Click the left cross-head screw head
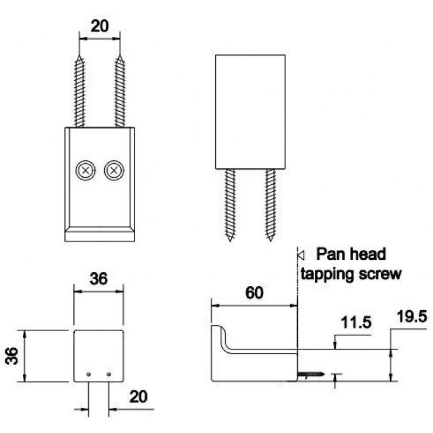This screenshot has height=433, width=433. coord(85,170)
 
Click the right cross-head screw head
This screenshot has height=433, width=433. coord(114,170)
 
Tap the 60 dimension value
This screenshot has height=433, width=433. coord(254,293)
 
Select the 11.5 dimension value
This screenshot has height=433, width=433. coord(356,322)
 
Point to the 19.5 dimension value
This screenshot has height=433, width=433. coord(412,317)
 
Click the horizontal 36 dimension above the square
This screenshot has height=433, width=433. coord(98,279)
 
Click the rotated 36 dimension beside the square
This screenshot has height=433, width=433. coord(12,356)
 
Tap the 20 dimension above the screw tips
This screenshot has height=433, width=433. coord(99,26)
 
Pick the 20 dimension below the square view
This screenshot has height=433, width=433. coord(138,397)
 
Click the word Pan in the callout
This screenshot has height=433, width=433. coord(328,254)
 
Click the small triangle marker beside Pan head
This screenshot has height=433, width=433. coord(301,255)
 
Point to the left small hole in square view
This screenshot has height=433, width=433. coord(88,374)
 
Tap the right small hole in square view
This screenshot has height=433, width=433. coord(109,374)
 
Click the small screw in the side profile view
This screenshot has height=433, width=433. coord(311,374)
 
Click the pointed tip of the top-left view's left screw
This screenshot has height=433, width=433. coord(80,56)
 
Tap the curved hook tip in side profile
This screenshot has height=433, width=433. coord(216,327)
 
